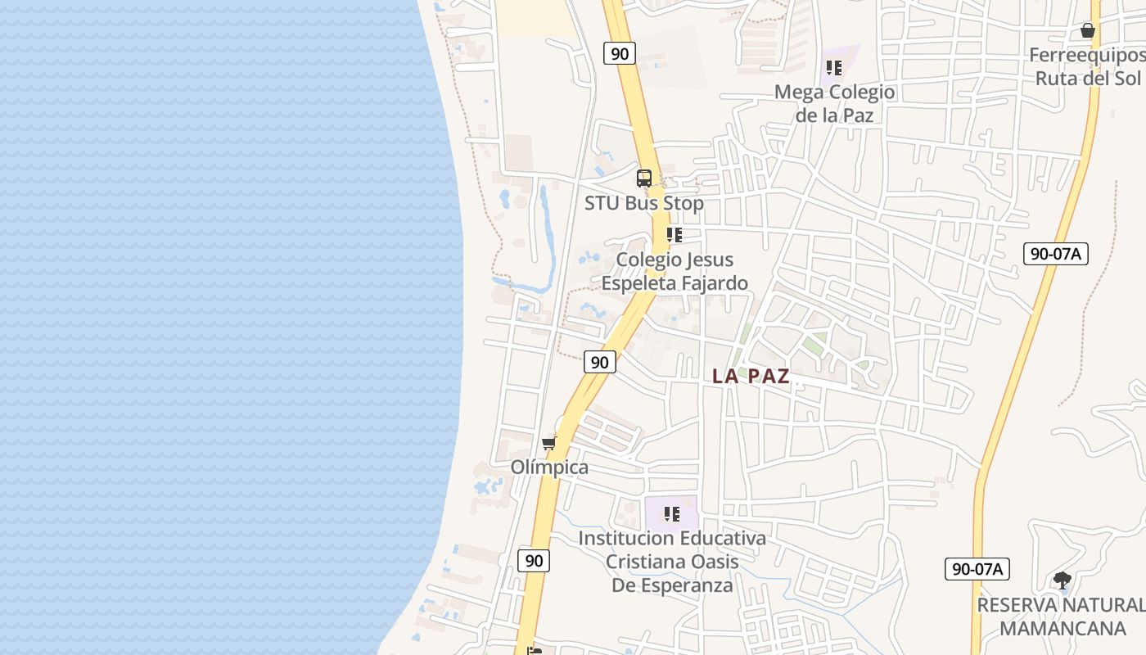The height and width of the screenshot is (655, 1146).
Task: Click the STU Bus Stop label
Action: pos(643,203)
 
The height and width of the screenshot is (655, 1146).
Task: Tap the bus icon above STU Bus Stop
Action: pos(644,178)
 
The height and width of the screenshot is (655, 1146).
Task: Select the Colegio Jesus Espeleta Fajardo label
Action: pos(675,271)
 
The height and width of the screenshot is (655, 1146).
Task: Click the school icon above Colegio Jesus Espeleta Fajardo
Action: pos(675,235)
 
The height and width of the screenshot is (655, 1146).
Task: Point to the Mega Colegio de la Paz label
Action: pos(835,103)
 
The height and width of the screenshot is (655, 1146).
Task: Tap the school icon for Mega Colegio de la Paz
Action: pos(834,67)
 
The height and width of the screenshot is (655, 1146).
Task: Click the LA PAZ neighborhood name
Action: pos(751,376)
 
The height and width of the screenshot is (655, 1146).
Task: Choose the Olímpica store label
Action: pos(549,468)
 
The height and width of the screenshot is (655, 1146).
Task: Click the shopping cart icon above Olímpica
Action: pos(549,443)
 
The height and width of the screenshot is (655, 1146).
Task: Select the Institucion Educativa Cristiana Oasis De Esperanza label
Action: pos(672,562)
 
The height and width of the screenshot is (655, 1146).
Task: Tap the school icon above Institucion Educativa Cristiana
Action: pos(672,514)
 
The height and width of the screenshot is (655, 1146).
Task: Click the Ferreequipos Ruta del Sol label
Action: pos(1087,66)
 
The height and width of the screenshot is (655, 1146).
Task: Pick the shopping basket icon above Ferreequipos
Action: pos(1088,30)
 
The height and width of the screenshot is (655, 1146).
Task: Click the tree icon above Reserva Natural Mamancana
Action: pos(1063,580)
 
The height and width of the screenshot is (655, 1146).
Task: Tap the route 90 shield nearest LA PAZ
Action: pos(600,361)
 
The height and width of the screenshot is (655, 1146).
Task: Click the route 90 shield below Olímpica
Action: pos(534,561)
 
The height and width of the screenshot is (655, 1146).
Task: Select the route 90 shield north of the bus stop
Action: pos(620,54)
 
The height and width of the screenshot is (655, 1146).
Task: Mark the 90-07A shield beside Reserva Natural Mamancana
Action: pos(977,569)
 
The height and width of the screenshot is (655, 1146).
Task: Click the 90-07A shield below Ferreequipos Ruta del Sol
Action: pos(1056,254)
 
